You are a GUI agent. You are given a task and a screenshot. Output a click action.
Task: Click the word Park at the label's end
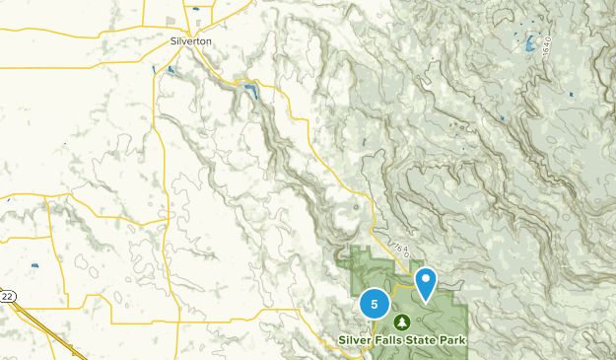point(452,340)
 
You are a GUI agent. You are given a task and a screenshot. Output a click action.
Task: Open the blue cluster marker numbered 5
point(375,304)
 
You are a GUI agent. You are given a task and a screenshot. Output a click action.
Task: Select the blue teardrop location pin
point(426,282)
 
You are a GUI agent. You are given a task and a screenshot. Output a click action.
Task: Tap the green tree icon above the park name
point(402,322)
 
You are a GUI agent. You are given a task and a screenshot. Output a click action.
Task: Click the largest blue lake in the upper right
point(530,44)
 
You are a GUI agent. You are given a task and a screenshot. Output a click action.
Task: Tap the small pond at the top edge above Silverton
point(195,8)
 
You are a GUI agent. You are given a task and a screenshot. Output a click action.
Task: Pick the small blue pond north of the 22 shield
point(35,265)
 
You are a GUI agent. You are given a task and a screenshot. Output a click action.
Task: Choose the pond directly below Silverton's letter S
point(171,70)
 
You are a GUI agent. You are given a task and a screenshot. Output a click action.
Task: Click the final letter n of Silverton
point(208,42)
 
